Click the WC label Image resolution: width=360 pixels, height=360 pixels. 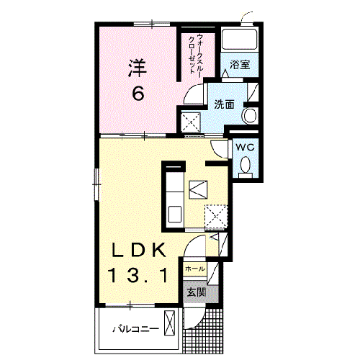pyautogui.click(x=245, y=148)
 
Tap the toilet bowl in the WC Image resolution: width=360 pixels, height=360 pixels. pyautogui.click(x=245, y=166)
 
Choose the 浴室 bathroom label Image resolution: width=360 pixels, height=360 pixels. pyautogui.click(x=240, y=65)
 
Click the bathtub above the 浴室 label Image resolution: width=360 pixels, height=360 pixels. pyautogui.click(x=240, y=40)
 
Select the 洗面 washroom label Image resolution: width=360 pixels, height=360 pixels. pyautogui.click(x=224, y=105)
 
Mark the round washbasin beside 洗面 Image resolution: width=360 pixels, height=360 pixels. pyautogui.click(x=250, y=116)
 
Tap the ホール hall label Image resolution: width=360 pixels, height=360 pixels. pyautogui.click(x=194, y=269)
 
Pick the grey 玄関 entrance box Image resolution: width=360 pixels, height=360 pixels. pyautogui.click(x=197, y=292)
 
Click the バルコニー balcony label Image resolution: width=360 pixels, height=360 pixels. pyautogui.click(x=135, y=329)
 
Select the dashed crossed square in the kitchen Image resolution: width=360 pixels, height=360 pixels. pyautogui.click(x=216, y=215)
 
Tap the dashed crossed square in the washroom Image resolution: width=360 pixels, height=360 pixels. pyautogui.click(x=192, y=123)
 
